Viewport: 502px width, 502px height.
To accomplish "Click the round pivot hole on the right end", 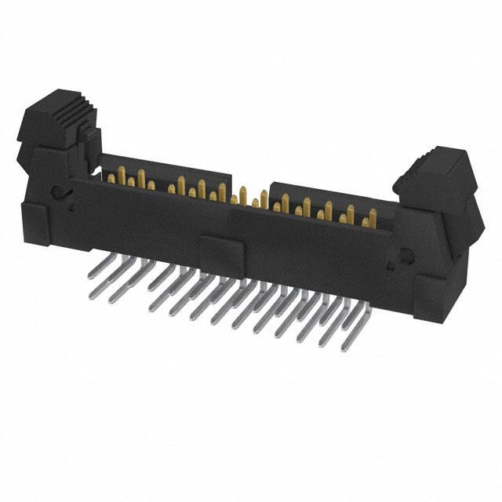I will (406, 255).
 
